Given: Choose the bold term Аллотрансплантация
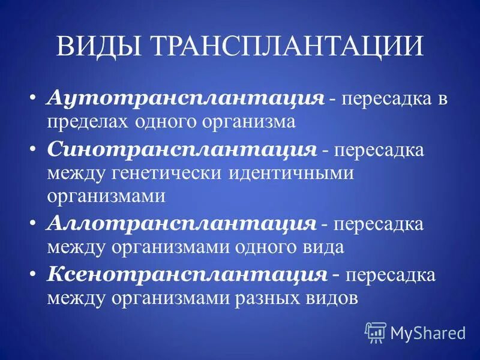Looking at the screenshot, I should pyautogui.click(x=181, y=223).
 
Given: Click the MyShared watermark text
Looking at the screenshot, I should pyautogui.click(x=428, y=332).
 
